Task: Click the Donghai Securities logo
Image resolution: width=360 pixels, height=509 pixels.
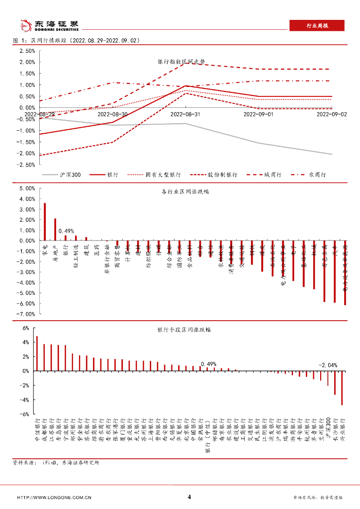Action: (x=49, y=25)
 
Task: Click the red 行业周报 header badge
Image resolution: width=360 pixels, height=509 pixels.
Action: (x=316, y=25)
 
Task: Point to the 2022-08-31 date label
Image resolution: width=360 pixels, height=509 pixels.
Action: (x=185, y=114)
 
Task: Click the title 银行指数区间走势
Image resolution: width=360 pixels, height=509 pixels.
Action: (x=181, y=62)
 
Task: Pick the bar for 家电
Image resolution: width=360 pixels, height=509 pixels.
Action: (x=45, y=221)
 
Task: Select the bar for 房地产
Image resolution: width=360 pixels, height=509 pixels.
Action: (x=55, y=229)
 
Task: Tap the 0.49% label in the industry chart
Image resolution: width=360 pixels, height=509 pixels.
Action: (x=66, y=231)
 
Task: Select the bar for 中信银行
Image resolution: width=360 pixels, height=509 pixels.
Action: (x=37, y=353)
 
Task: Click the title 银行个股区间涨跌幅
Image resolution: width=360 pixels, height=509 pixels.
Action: (x=183, y=330)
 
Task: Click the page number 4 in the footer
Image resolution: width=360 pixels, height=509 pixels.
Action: (x=189, y=497)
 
